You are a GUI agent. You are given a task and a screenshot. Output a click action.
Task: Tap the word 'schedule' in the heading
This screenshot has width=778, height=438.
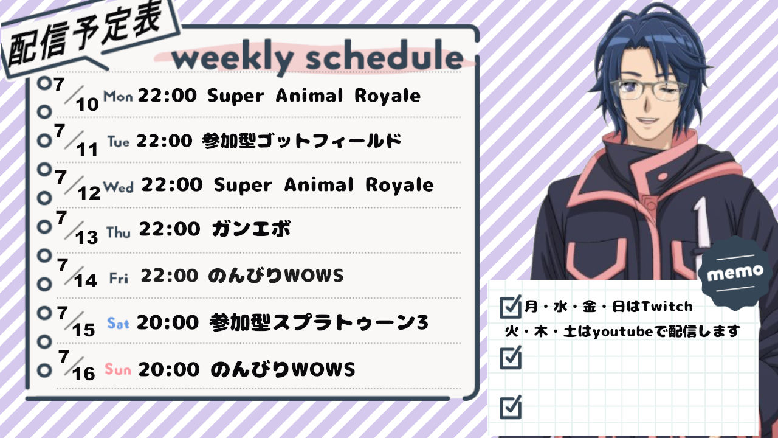pyautogui.click(x=385, y=55)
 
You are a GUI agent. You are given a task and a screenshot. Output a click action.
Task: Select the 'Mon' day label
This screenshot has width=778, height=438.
pyautogui.click(x=118, y=96)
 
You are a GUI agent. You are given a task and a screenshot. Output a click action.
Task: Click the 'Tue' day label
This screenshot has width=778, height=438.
pyautogui.click(x=119, y=142)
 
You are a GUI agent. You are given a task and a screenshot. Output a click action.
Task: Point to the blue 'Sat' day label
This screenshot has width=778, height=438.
pyautogui.click(x=118, y=324)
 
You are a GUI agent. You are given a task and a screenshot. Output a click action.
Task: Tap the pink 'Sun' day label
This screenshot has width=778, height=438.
pyautogui.click(x=118, y=369)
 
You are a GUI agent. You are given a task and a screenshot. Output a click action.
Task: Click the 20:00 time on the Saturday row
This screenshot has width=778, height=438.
pyautogui.click(x=168, y=322)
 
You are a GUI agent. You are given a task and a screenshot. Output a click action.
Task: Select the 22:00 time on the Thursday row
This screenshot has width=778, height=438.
pyautogui.click(x=170, y=229)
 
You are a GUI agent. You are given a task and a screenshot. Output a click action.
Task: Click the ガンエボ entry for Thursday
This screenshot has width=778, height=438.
pyautogui.click(x=252, y=229)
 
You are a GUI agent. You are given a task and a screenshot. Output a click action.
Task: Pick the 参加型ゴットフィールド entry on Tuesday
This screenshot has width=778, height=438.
pyautogui.click(x=301, y=141)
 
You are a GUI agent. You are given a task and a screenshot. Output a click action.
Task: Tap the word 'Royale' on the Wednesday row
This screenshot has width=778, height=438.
pyautogui.click(x=399, y=185)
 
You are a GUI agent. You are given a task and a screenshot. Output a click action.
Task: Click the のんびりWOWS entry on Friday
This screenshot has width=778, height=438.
pyautogui.click(x=276, y=276)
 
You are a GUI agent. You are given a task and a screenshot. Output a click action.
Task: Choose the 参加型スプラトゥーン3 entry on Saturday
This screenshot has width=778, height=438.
pyautogui.click(x=319, y=322)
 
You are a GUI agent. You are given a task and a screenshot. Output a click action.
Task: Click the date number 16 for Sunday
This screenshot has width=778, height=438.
pyautogui.click(x=84, y=374)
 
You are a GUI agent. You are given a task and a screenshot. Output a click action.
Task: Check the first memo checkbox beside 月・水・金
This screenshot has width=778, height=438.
pyautogui.click(x=510, y=307)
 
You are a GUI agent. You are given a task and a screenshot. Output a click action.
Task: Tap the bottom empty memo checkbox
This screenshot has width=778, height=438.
pyautogui.click(x=510, y=407)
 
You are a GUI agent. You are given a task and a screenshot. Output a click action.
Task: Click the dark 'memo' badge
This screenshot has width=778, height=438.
pyautogui.click(x=735, y=273)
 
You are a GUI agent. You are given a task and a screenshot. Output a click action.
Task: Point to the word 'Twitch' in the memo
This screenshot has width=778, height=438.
pyautogui.click(x=667, y=307)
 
